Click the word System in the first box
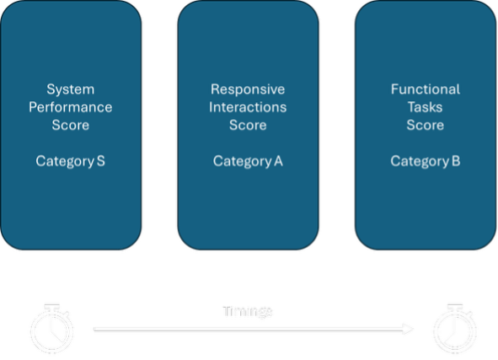pyautogui.click(x=70, y=89)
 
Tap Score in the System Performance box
pyautogui.click(x=70, y=125)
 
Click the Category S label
pyautogui.click(x=70, y=161)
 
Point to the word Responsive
pyautogui.click(x=248, y=89)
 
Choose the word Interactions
pyautogui.click(x=248, y=107)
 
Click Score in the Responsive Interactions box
pyautogui.click(x=248, y=125)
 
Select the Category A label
pyautogui.click(x=248, y=161)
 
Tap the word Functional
pyautogui.click(x=426, y=89)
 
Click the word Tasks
pyautogui.click(x=426, y=107)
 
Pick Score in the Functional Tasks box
pyautogui.click(x=426, y=125)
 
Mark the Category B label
pyautogui.click(x=426, y=161)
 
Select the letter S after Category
pyautogui.click(x=100, y=161)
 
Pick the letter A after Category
pyautogui.click(x=278, y=161)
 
